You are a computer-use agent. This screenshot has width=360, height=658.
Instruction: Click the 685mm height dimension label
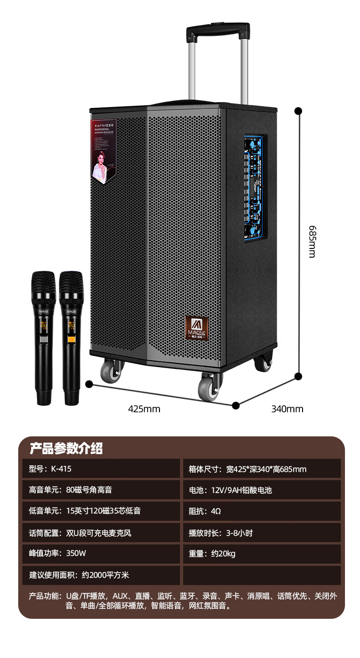[x=312, y=241]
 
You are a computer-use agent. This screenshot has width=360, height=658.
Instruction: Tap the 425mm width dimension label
[x=144, y=409]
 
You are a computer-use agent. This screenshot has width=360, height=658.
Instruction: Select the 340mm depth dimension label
[x=287, y=409]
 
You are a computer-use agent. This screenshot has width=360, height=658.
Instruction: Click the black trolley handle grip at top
[x=218, y=30]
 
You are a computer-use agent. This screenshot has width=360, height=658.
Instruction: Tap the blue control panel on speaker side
[x=255, y=188]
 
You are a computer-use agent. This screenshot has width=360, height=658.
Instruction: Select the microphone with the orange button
[x=72, y=337]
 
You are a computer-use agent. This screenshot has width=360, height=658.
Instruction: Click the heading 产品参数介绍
[x=66, y=448]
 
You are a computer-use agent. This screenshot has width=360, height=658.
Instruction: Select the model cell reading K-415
[x=101, y=469]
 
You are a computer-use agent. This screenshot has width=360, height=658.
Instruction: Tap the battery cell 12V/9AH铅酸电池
[x=262, y=490]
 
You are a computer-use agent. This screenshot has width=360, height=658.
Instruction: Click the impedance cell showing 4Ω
[x=262, y=511]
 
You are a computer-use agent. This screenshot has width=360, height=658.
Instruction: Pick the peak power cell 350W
[x=101, y=554]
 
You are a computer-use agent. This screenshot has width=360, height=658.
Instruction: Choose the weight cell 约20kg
[x=262, y=554]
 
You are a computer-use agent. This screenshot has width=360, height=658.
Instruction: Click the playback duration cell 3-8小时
[x=262, y=533]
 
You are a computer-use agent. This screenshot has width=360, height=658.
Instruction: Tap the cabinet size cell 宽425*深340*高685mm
[x=262, y=469]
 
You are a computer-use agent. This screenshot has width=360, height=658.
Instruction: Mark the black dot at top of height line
[x=298, y=111]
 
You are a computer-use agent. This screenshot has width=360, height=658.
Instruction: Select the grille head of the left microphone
[x=43, y=284]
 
